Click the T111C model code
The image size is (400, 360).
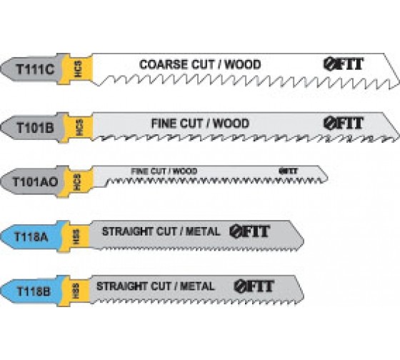tap(35, 69)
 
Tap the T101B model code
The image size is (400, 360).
tap(35, 127)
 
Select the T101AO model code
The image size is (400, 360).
tap(35, 182)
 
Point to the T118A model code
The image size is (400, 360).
tap(31, 236)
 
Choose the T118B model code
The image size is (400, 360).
tap(33, 291)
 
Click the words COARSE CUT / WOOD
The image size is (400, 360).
tap(200, 64)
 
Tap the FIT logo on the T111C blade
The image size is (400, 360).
tap(344, 64)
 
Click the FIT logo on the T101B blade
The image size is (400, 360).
tap(344, 124)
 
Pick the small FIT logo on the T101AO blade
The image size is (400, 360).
tap(288, 171)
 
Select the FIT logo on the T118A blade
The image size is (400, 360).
tap(249, 231)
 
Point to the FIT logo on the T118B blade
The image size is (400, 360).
tap(254, 286)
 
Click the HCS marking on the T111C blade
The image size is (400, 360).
tap(79, 69)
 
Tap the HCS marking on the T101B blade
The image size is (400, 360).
tap(79, 127)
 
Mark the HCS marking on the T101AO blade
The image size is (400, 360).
tap(77, 182)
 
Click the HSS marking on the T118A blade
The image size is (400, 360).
tap(76, 237)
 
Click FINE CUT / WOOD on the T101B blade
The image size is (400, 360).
tap(200, 124)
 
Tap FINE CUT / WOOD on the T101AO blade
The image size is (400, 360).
tap(164, 171)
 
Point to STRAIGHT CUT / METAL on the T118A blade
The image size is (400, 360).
tap(161, 231)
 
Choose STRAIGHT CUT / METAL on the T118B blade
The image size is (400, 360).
tap(156, 286)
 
